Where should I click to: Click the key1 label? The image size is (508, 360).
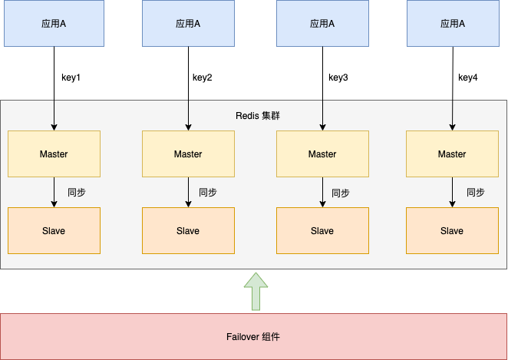(71, 78)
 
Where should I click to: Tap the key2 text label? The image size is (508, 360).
(203, 78)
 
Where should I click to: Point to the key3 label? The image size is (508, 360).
(338, 78)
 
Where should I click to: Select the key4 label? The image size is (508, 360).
(468, 78)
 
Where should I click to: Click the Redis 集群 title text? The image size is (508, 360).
(258, 116)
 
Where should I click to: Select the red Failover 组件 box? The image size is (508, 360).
(253, 337)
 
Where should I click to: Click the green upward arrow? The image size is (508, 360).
(253, 292)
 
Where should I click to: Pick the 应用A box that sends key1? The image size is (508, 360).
(54, 24)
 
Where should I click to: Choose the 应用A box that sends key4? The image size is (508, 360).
(453, 24)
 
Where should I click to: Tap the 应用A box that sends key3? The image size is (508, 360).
(322, 24)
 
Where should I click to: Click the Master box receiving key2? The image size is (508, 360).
(188, 154)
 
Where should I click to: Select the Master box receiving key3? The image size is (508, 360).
(322, 154)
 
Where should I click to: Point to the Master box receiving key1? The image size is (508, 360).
(54, 154)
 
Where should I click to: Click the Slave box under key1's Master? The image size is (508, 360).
(54, 231)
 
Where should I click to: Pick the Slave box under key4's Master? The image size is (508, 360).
(452, 231)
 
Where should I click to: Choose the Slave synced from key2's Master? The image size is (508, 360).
(188, 231)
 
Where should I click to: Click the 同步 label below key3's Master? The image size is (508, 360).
(341, 193)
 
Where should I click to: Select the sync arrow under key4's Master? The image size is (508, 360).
(452, 193)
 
